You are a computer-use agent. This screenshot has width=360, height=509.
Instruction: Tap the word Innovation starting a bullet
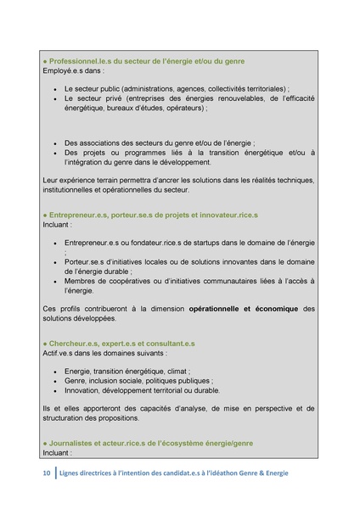pos(83,391)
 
